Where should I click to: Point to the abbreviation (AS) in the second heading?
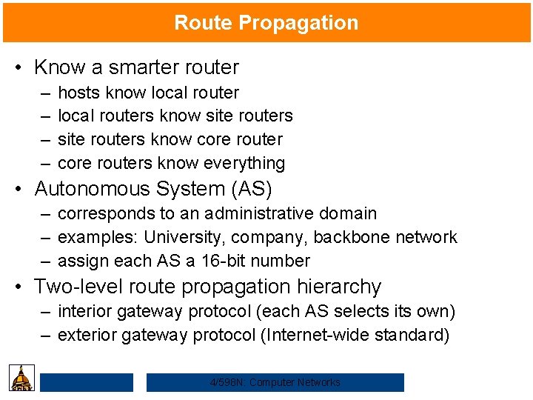pyautogui.click(x=252, y=189)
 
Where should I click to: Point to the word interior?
pyautogui.click(x=84, y=312)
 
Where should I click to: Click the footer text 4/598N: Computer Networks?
pyautogui.click(x=275, y=382)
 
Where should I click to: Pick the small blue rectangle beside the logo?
pyautogui.click(x=87, y=382)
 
